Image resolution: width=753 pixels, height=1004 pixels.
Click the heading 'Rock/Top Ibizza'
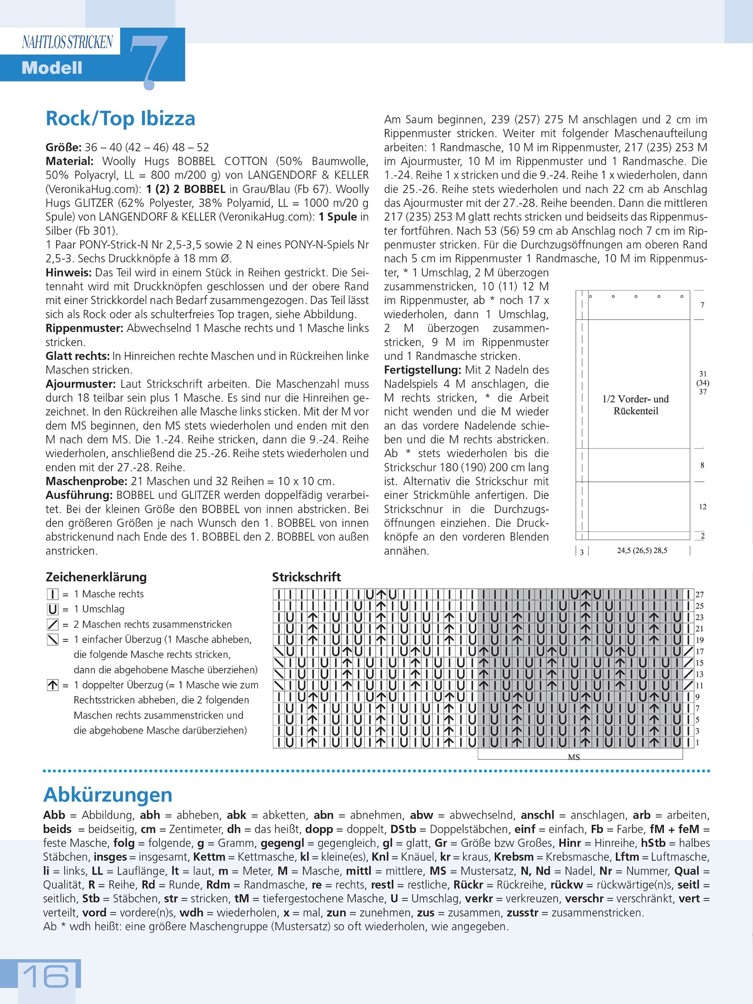[x=120, y=118]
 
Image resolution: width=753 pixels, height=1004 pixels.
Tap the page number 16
[x=46, y=976]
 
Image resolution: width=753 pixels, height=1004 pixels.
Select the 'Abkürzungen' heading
[x=108, y=795]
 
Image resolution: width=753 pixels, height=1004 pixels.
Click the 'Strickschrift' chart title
[x=306, y=577]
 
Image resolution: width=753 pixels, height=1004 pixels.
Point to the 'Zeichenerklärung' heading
[x=96, y=577]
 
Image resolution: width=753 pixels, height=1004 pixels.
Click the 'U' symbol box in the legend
[x=53, y=609]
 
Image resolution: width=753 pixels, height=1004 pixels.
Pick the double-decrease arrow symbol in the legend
[x=53, y=685]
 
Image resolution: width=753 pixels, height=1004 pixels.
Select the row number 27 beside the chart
[x=700, y=595]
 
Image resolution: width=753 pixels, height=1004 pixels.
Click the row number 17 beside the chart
[x=700, y=652]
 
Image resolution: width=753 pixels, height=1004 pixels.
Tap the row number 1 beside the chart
[x=698, y=742]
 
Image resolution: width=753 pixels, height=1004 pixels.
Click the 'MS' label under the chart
[x=574, y=757]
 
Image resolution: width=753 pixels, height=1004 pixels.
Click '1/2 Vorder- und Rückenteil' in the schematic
[x=636, y=405]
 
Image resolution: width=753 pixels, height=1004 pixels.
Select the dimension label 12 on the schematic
[x=702, y=507]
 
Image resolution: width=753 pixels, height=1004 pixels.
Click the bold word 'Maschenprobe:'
[x=86, y=481]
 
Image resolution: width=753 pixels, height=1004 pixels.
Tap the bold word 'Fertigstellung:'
[x=421, y=370]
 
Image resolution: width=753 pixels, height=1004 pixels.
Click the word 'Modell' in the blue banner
[x=52, y=68]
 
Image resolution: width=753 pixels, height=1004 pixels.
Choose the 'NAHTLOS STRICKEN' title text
[x=67, y=42]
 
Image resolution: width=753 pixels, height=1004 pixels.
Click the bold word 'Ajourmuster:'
[x=81, y=384]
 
